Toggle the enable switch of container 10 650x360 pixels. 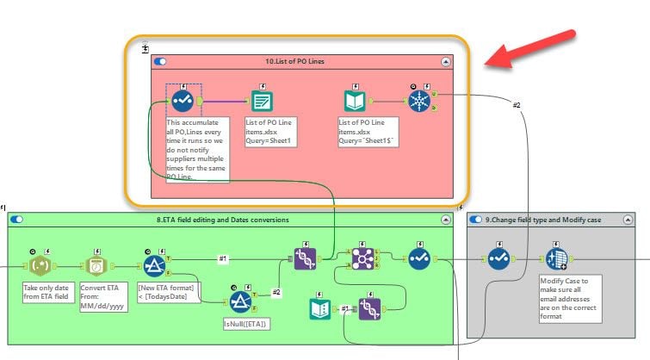click(160, 61)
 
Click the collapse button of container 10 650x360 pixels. click(445, 61)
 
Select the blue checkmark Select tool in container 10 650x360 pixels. click(182, 101)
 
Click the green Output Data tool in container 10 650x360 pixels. click(262, 101)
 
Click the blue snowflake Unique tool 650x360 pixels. click(417, 101)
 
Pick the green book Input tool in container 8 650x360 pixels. click(320, 308)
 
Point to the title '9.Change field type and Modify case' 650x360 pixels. click(542, 220)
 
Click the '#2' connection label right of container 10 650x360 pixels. click(517, 105)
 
